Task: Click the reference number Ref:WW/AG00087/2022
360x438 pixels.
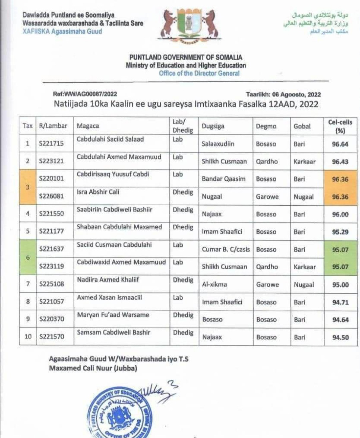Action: (85, 94)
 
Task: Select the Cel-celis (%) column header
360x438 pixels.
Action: (340, 126)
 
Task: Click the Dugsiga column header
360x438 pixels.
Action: (213, 126)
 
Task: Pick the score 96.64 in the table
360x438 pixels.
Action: (340, 144)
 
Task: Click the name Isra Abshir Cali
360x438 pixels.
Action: (98, 192)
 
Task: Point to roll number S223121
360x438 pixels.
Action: (51, 161)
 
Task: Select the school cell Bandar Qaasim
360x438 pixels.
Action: (224, 179)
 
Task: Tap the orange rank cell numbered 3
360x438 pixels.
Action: (28, 187)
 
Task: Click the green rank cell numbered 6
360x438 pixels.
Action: (28, 257)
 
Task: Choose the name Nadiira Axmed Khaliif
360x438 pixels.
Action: (108, 280)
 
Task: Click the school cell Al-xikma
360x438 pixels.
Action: (214, 284)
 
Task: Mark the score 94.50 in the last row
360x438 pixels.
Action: (340, 337)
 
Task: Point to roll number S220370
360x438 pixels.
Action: (52, 319)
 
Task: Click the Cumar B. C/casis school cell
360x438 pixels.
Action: (226, 249)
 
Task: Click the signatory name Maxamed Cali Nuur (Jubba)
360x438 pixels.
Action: (93, 368)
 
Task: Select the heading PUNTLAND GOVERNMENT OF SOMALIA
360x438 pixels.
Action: (186, 57)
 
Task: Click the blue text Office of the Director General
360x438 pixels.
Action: (199, 73)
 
